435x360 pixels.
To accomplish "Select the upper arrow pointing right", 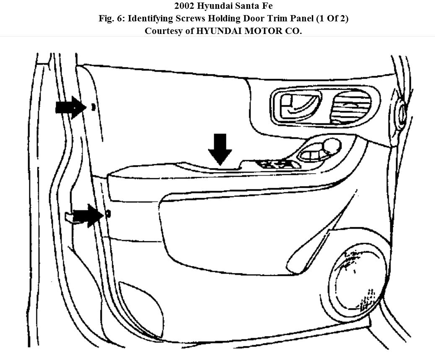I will pos(70,108).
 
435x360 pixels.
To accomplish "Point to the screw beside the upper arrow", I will pos(93,107).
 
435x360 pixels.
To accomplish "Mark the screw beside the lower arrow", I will pos(109,214).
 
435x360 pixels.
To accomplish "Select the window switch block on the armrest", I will pos(278,164).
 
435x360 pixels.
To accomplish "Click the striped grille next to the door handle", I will pos(351,106).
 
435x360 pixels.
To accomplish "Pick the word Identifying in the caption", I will pos(149,19).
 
